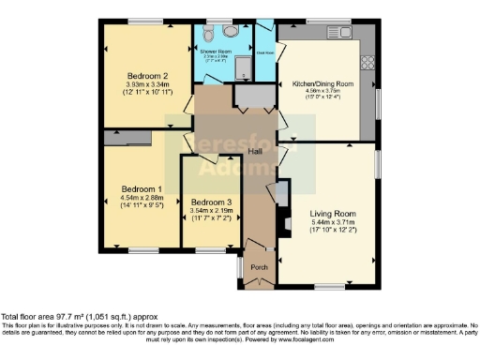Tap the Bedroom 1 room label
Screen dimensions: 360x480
(141, 188)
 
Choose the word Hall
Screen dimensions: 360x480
(253, 151)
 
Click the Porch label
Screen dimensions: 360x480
(259, 267)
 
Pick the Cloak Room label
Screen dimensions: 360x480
(265, 52)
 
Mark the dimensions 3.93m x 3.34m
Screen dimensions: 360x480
(148, 85)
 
